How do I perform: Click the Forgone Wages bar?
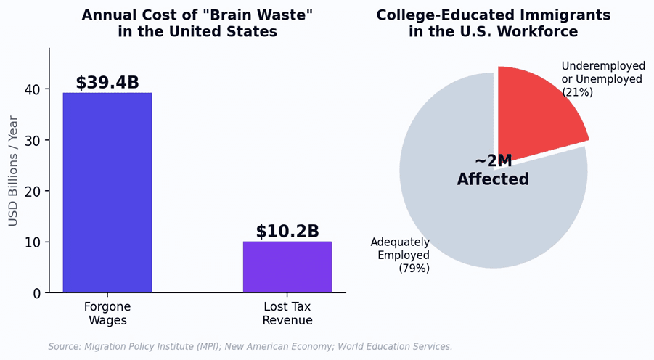(107, 192)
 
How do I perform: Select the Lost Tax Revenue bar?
(287, 266)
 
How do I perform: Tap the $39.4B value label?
(107, 83)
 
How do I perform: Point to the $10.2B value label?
(287, 231)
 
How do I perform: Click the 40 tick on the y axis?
(33, 90)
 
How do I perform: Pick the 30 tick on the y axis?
(33, 141)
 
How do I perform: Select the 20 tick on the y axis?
(33, 192)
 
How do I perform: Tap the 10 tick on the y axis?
(33, 242)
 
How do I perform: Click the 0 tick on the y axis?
(37, 293)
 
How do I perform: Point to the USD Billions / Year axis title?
(13, 171)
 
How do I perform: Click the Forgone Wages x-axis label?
(107, 314)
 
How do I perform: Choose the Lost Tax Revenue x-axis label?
(287, 314)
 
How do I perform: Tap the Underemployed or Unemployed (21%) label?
(603, 79)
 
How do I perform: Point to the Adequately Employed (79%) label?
(400, 255)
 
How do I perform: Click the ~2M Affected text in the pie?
(493, 170)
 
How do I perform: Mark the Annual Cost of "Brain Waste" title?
(197, 23)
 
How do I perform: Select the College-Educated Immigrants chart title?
(494, 23)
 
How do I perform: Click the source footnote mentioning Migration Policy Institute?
(250, 347)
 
